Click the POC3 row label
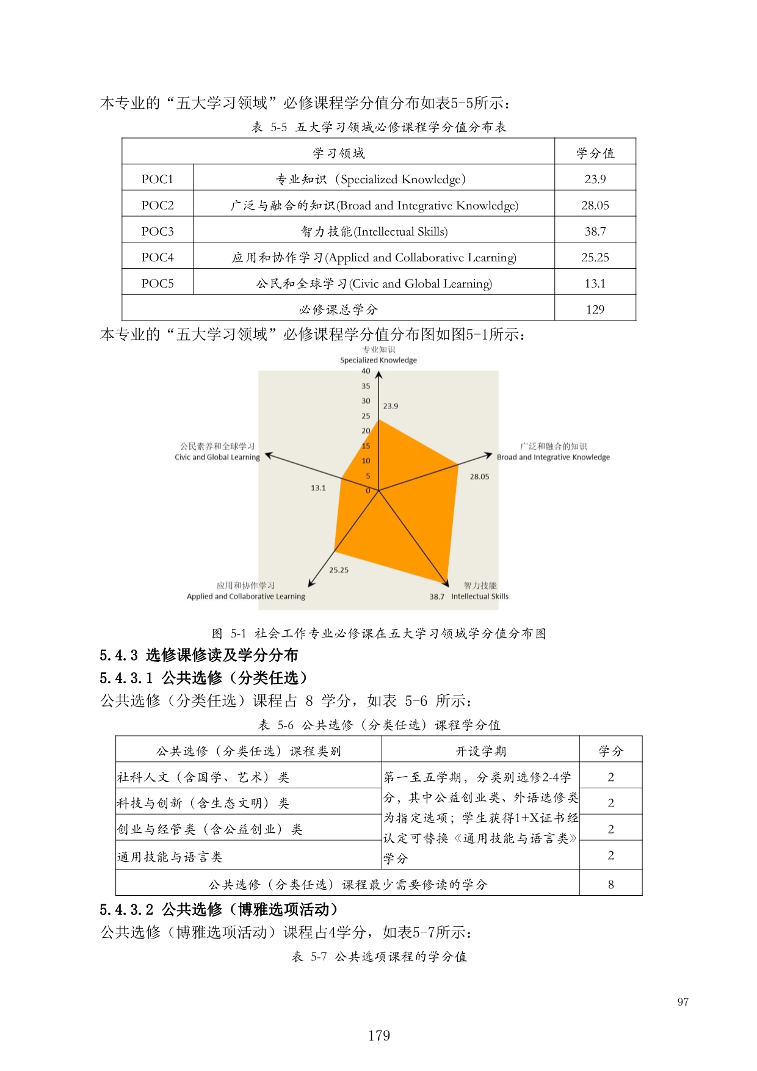[x=158, y=231]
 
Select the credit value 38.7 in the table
[x=595, y=231]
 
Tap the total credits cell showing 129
[x=595, y=310]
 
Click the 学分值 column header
[x=595, y=153]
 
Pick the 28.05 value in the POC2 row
[x=595, y=206]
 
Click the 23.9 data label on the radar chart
[x=391, y=406]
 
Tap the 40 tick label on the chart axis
[x=366, y=371]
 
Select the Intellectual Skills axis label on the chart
[x=480, y=596]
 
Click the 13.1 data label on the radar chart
[x=318, y=488]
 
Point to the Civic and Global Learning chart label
[x=217, y=457]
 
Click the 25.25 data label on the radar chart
[x=339, y=570]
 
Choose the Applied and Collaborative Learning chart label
[x=246, y=596]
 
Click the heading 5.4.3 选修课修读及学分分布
[x=198, y=655]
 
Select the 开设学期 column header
[x=480, y=751]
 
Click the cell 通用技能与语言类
[x=170, y=857]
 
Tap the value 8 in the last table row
[x=610, y=885]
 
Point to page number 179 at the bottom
[x=378, y=1035]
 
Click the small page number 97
[x=683, y=1002]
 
